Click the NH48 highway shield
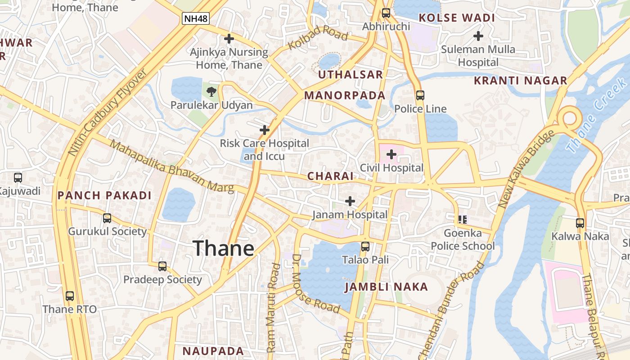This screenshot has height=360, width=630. pos(196,18)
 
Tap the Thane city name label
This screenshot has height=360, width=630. pos(224,248)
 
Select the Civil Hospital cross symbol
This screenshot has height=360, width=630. pos(391,155)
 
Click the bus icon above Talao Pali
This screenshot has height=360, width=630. pos(365,247)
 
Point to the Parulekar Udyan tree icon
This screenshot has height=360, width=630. pos(211,92)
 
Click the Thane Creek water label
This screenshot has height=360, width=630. pos(596,115)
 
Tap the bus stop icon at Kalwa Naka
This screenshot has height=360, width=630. pos(580,223)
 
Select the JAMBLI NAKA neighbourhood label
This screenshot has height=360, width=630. pos(386,287)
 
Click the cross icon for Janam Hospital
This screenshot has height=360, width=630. pos(350,201)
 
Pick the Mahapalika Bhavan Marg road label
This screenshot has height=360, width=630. pos(172,167)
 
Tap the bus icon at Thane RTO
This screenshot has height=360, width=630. pos(70,296)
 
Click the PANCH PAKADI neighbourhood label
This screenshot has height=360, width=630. pos(104,196)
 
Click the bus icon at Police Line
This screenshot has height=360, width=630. pos(420,95)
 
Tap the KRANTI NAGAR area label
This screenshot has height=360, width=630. pos(521,81)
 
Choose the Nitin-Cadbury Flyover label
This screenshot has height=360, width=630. pos(107,112)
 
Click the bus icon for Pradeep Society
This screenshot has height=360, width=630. pos(162,266)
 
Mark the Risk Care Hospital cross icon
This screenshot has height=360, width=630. pos(265,130)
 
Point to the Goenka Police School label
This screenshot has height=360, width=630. pos(463,239)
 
